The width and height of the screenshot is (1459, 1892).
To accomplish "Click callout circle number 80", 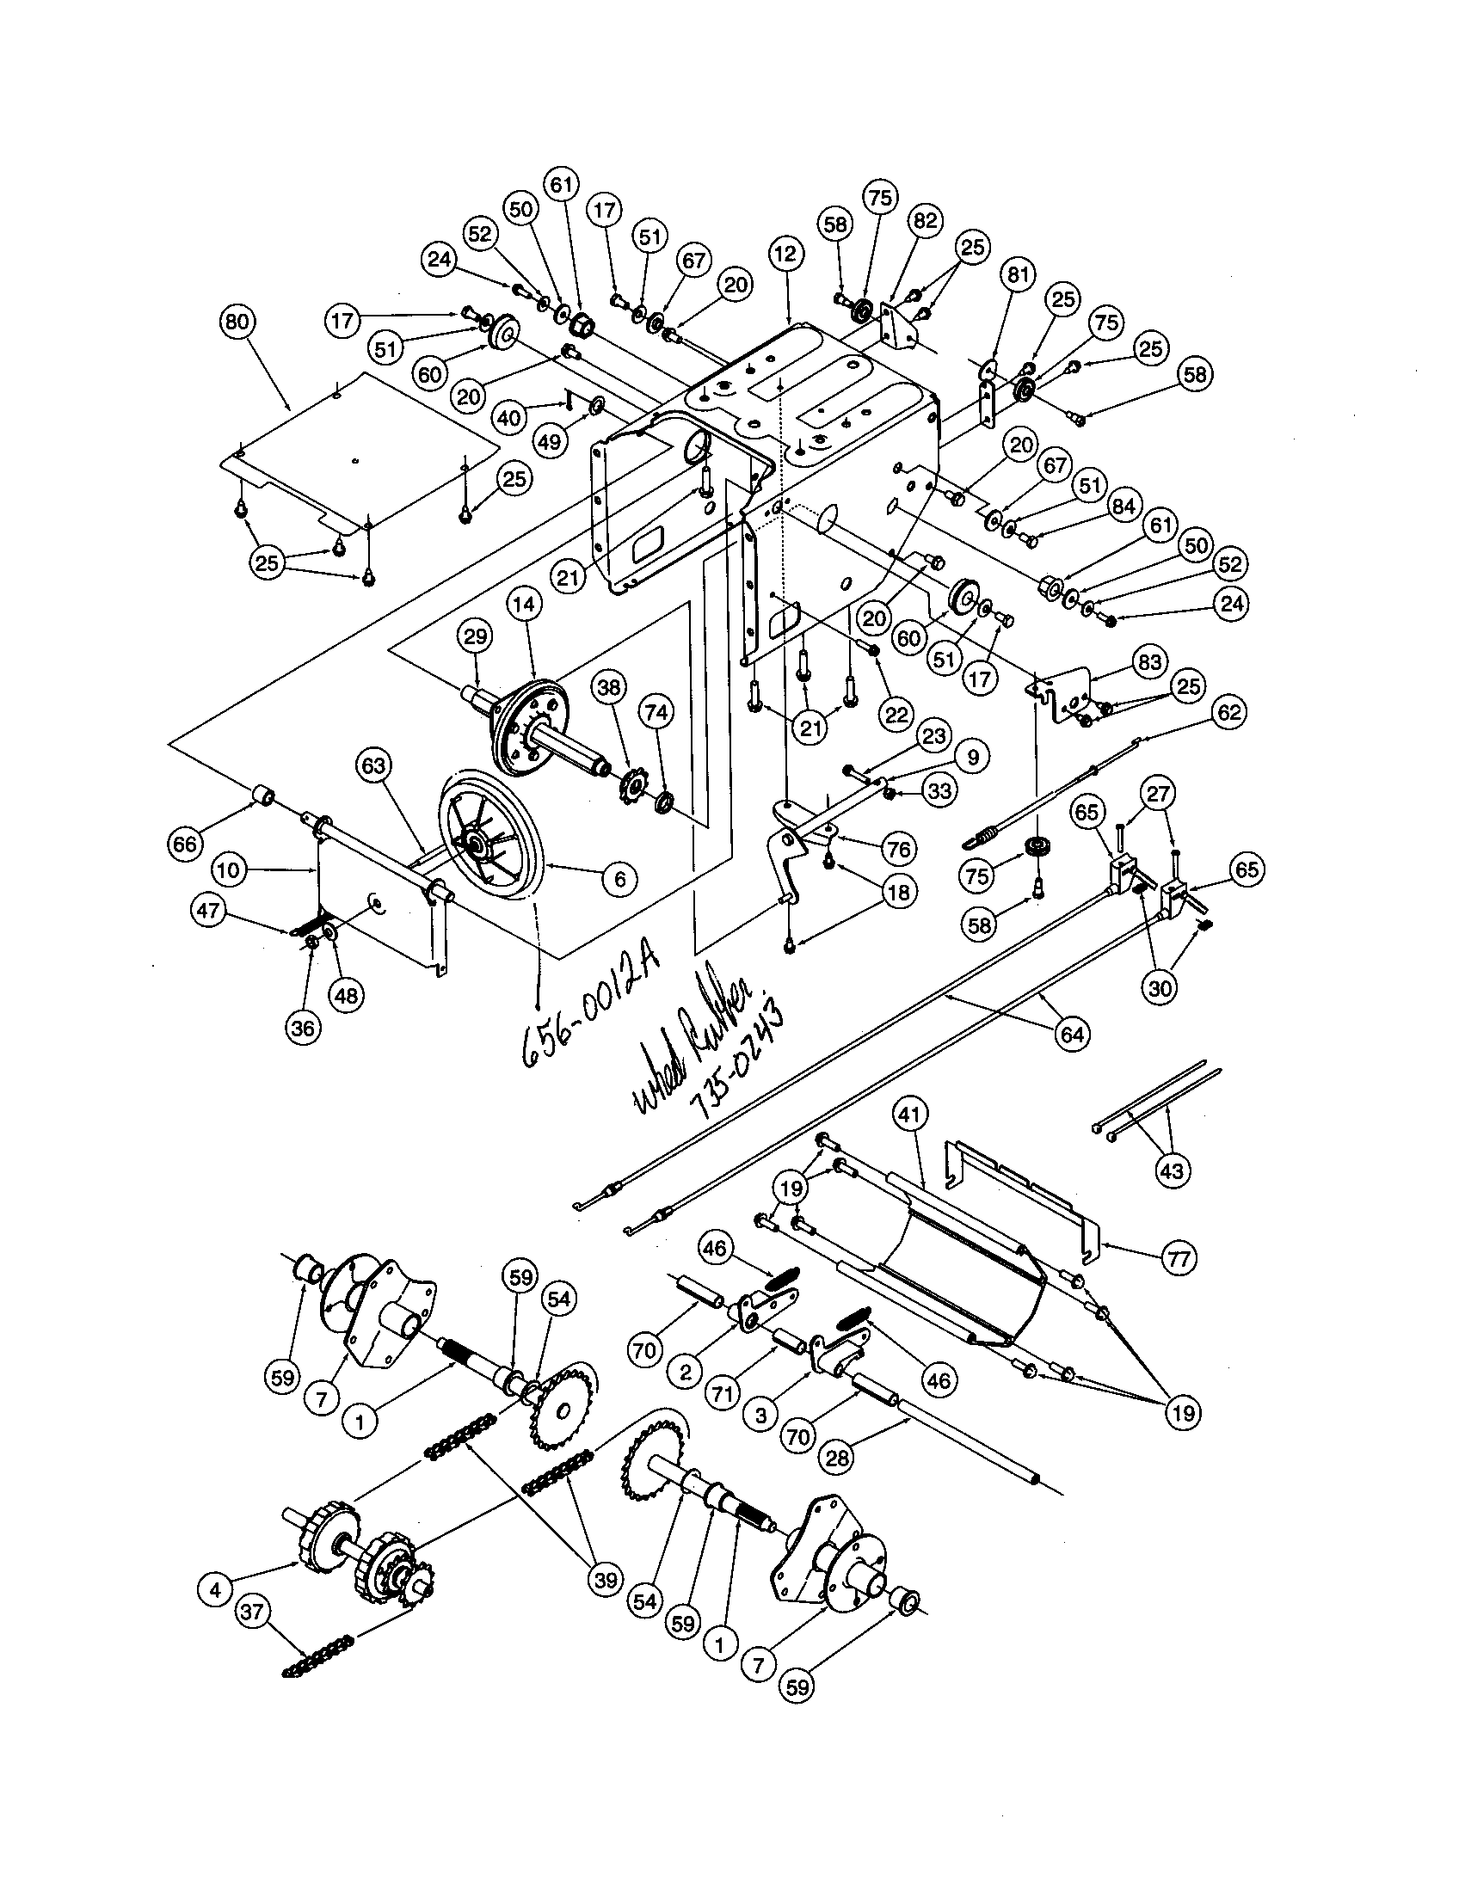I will coord(237,322).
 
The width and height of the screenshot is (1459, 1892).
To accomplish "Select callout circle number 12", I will coord(785,255).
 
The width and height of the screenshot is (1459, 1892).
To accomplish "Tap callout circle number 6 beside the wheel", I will coord(619,878).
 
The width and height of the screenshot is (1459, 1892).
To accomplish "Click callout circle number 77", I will coord(1179,1257).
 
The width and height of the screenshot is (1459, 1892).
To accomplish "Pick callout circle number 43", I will coord(1175,1170).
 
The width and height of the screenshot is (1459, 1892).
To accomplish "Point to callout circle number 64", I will coord(1072,1035).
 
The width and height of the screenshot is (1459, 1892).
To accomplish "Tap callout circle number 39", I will coord(605,1578).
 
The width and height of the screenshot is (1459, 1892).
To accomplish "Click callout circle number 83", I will coord(1149,664).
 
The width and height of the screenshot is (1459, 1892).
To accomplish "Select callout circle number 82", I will coord(926,221).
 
